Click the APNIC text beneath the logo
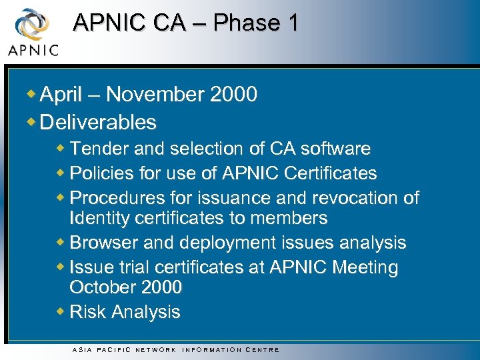[33, 50]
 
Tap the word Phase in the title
[247, 23]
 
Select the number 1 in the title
[293, 23]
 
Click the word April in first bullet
[61, 95]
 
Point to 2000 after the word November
[233, 95]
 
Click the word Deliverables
[98, 122]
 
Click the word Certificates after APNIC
[330, 173]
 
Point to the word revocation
[347, 198]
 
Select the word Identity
[99, 218]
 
